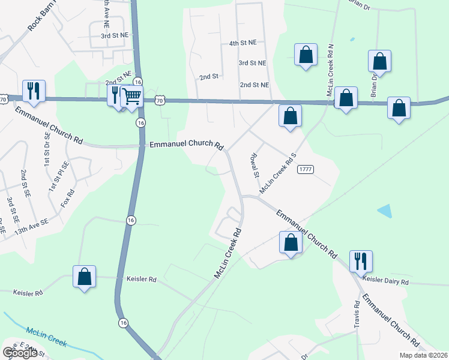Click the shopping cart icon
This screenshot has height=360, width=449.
click(x=131, y=96)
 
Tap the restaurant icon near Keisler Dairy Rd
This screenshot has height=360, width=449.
click(x=361, y=262)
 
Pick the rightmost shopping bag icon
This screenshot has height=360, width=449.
click(x=399, y=108)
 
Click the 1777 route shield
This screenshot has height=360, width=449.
click(x=305, y=170)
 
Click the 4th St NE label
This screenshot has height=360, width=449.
click(x=243, y=43)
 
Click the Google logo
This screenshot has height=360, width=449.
click(x=20, y=353)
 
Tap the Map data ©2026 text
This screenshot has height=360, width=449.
click(x=423, y=355)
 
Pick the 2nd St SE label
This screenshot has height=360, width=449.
click(x=25, y=184)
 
